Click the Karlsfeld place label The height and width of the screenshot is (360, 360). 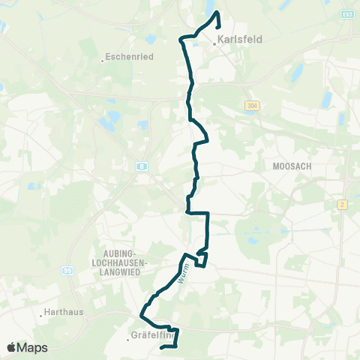240,40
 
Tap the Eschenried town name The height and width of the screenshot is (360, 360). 129,55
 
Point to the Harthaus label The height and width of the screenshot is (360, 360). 64,312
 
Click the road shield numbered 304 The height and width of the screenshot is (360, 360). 250,106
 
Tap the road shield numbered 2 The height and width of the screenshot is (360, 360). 342,204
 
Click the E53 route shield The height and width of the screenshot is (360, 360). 346,13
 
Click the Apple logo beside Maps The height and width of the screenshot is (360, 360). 11,347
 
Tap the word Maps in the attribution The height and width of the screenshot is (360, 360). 32,347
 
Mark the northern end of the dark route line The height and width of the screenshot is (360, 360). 217,13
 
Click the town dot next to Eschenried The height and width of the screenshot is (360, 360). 102,60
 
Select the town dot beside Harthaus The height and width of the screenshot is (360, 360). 40,316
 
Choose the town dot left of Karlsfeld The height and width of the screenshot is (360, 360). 214,43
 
